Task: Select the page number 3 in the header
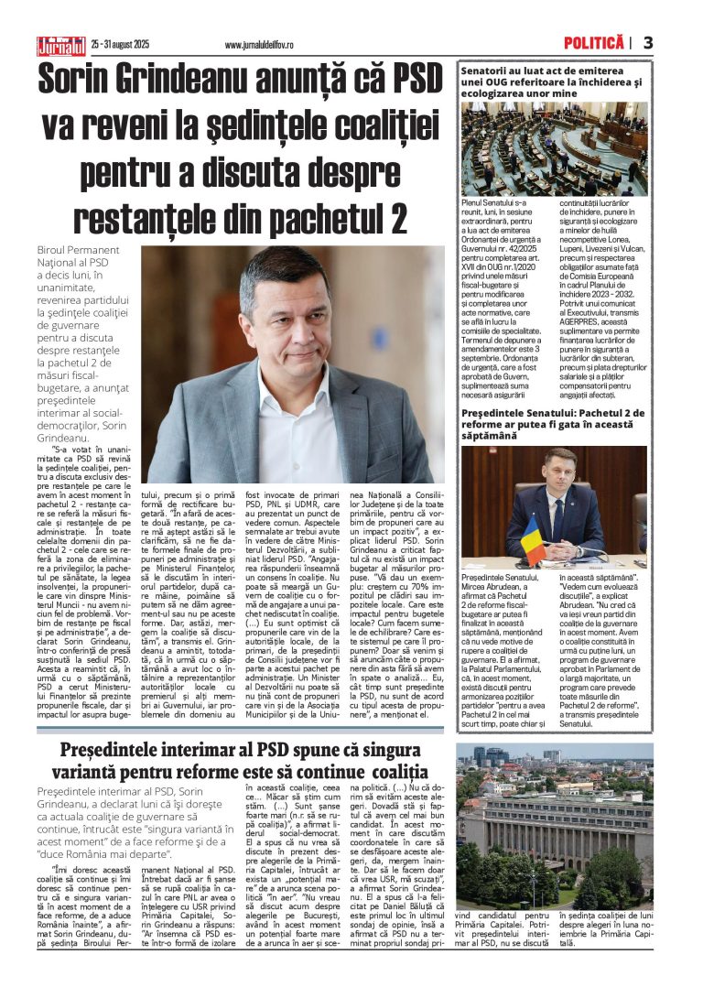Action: tap(648, 43)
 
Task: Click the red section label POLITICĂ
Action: tap(595, 43)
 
